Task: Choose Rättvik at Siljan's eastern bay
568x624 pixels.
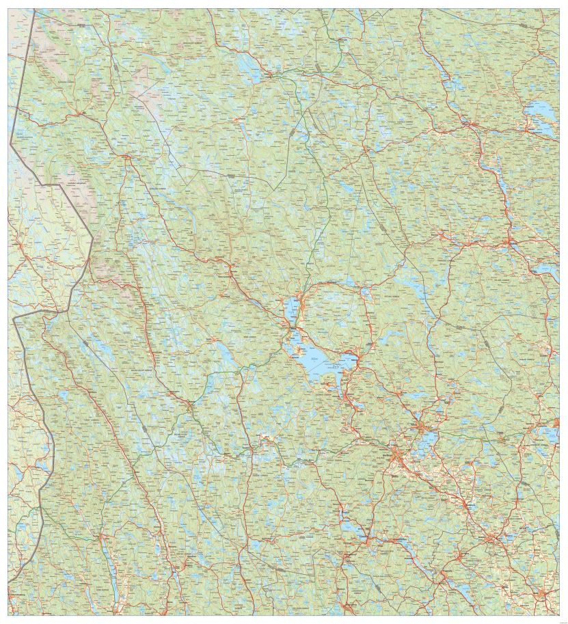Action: click(356, 357)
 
